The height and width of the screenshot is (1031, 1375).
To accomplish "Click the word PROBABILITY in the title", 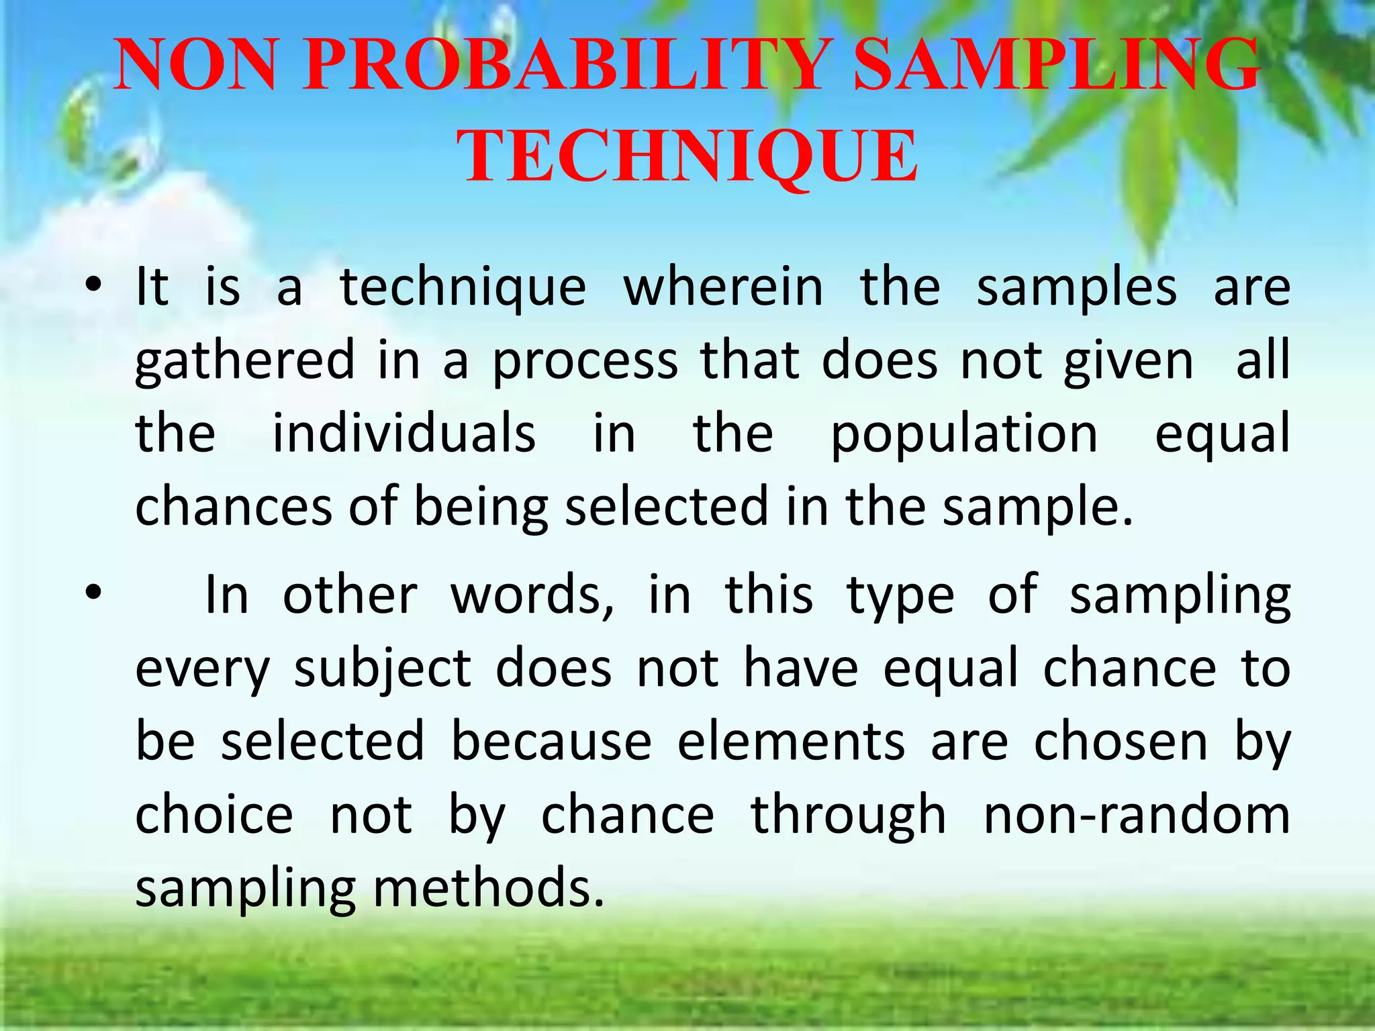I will point(563,65).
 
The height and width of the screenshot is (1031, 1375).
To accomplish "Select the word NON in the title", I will point(195,65).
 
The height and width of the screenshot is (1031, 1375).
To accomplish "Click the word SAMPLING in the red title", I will point(1056,65).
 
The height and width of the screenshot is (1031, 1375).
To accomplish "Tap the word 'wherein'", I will point(723,287).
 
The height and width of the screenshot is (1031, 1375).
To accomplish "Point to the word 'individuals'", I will point(404,434).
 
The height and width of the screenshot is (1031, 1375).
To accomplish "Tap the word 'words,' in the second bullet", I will point(532,595).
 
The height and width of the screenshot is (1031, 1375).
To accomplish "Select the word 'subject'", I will point(383,670).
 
